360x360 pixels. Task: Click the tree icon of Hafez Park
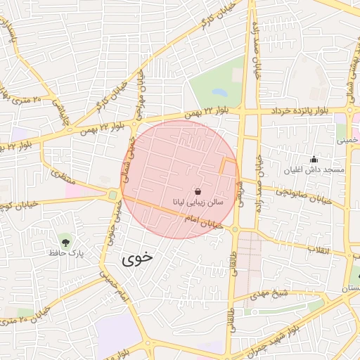(65, 241)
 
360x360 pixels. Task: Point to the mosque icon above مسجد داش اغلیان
(314, 159)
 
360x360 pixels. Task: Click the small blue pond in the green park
(220, 92)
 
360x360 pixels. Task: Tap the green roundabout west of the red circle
(112, 195)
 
